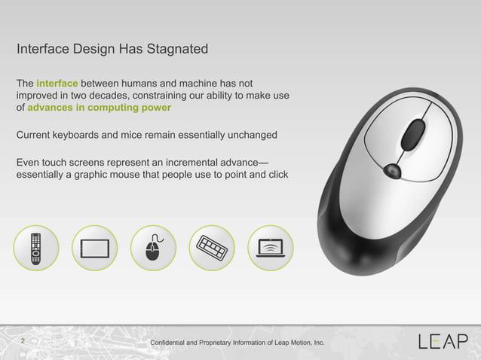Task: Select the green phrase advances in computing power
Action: point(99,109)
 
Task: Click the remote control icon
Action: point(35,248)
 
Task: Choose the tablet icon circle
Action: point(94,248)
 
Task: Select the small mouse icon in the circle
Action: point(154,248)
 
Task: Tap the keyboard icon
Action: point(212,248)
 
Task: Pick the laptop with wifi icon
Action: point(270,248)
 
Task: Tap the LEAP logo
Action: point(443,342)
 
